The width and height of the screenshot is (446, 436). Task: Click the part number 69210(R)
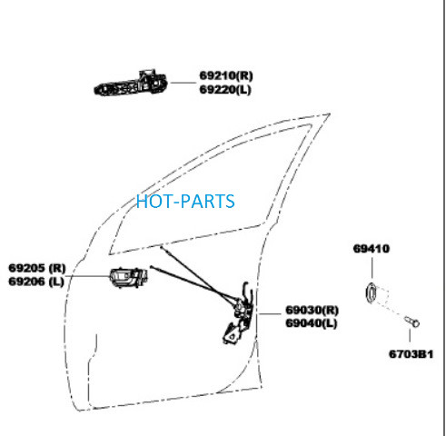coord(226,75)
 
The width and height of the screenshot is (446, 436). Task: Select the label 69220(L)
coord(225,90)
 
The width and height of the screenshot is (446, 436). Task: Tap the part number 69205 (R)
coord(37,268)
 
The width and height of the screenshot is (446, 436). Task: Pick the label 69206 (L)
coord(36,282)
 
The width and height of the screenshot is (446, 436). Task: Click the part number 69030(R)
coord(312,310)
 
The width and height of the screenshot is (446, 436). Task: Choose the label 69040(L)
coord(312,323)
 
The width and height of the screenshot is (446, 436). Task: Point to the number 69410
coord(372,249)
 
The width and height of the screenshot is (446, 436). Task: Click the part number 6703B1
coord(411,354)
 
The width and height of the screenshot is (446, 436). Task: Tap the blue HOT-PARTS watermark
coord(185,202)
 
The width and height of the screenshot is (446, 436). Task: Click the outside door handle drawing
coord(131,83)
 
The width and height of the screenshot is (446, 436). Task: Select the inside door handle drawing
coord(129,277)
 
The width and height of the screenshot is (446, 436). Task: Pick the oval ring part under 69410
coord(372,292)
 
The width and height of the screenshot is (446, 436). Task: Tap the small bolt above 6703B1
coord(411,322)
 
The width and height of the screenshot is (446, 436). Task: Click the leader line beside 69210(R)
coord(183,83)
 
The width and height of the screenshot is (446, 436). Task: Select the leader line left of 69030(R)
coord(271,314)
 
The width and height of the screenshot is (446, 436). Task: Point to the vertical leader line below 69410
coord(372,268)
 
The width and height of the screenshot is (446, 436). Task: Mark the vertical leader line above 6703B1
coord(410,335)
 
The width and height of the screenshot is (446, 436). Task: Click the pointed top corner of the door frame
coord(330,114)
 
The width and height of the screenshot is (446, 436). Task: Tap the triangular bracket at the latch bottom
coord(231,334)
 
